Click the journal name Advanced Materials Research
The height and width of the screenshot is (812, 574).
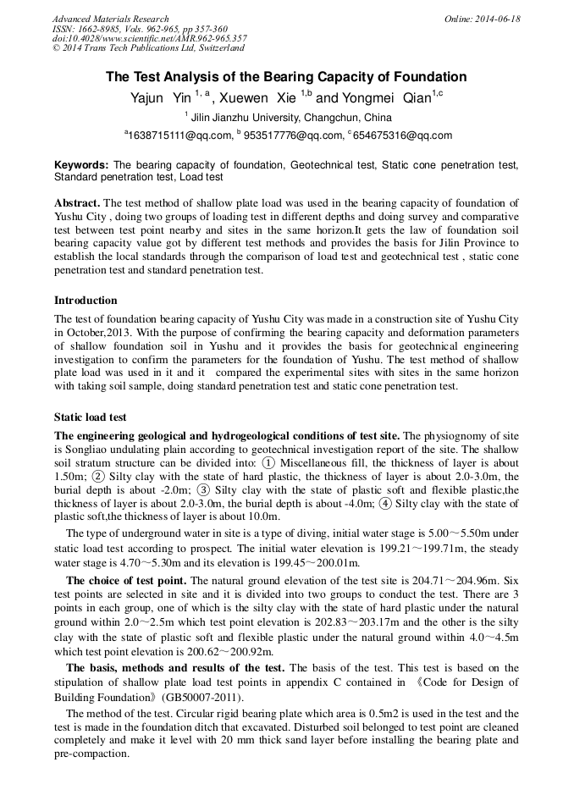tap(110, 19)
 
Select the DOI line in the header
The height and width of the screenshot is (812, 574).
tap(149, 38)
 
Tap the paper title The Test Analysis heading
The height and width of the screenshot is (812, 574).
tap(286, 77)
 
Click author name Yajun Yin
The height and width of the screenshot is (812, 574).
tap(160, 98)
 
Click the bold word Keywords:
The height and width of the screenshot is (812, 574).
tap(81, 164)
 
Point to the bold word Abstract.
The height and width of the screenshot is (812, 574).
tap(77, 203)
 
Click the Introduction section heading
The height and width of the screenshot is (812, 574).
tap(86, 301)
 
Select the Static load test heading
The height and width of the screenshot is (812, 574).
tap(90, 417)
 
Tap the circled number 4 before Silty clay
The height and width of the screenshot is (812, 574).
tap(386, 503)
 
